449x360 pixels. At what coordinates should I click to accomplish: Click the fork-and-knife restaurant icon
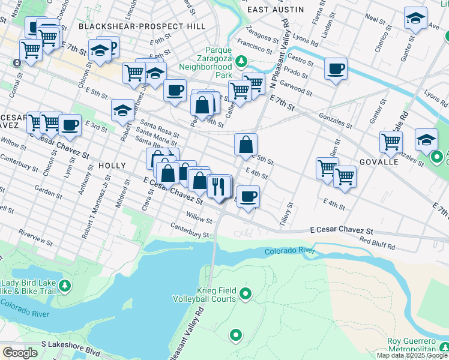219,186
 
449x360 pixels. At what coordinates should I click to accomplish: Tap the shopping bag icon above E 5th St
246,145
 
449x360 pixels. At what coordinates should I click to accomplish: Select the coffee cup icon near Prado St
336,68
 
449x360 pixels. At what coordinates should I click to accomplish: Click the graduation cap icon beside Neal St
415,18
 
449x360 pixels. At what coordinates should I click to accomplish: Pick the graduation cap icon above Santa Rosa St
122,110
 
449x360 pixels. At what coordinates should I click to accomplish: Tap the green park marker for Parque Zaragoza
241,61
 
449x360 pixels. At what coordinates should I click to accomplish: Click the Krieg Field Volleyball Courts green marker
245,293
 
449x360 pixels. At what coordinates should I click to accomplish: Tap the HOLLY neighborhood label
112,165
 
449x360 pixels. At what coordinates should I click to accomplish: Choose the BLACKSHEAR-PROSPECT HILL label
142,26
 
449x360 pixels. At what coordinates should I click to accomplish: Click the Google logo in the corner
20,352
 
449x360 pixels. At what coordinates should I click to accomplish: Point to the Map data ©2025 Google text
411,355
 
